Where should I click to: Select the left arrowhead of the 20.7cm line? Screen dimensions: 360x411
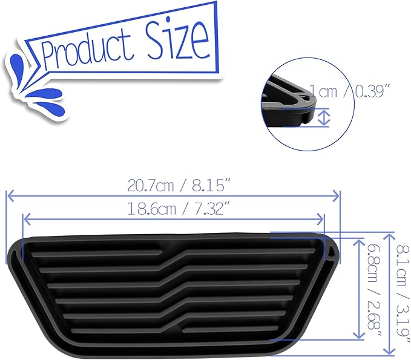point(8,195)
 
